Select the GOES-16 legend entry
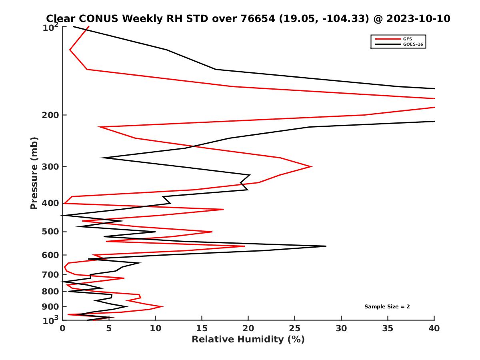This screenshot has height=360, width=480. [x=412, y=44]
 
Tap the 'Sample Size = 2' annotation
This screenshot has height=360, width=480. [x=387, y=307]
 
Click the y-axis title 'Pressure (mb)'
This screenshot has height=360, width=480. [x=34, y=173]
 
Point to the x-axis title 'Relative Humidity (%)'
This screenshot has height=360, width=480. [x=248, y=340]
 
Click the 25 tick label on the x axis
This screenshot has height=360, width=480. [x=295, y=328]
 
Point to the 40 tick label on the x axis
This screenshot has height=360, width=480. [x=434, y=328]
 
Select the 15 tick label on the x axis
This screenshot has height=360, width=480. [x=202, y=328]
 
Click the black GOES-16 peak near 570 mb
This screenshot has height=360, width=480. [x=326, y=246]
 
